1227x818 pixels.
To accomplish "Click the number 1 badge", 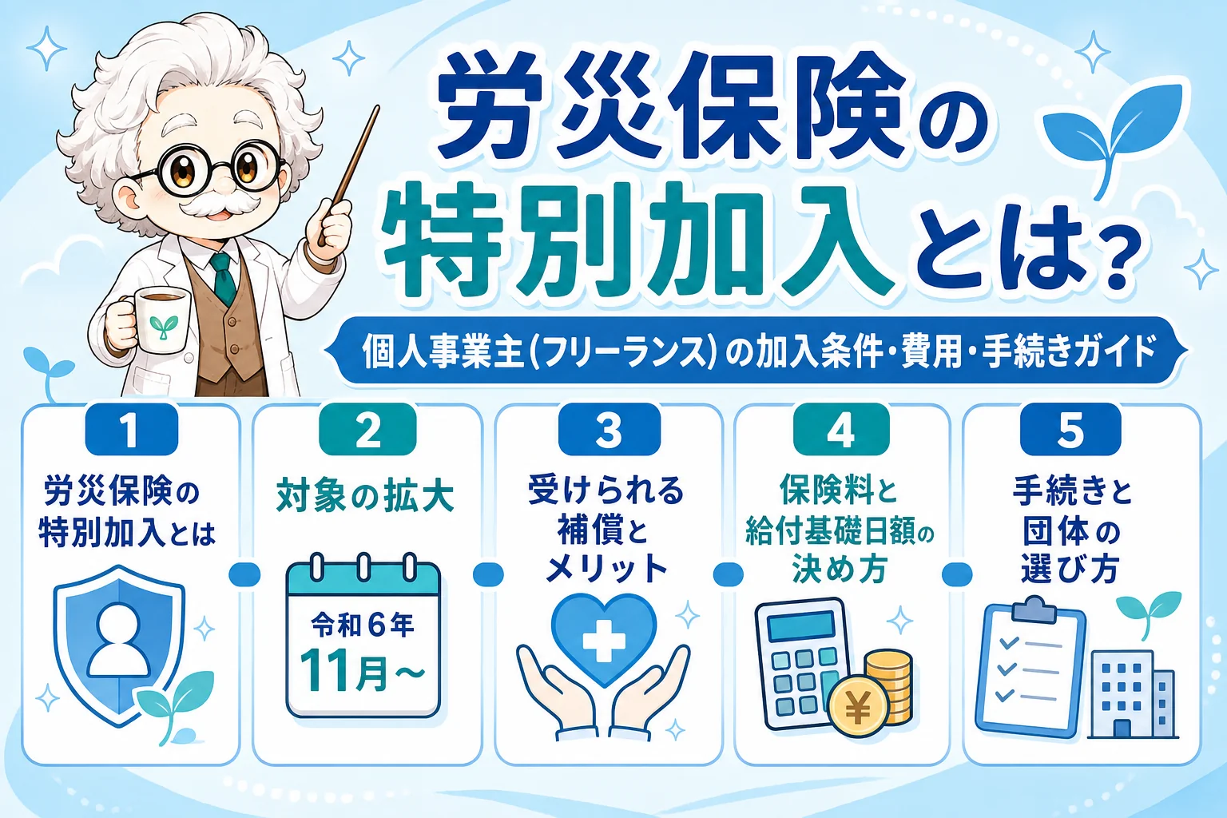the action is tap(132, 430).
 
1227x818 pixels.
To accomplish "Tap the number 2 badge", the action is tap(367, 430).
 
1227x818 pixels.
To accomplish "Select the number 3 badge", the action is tap(610, 430).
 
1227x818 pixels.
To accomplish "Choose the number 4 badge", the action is tap(841, 430).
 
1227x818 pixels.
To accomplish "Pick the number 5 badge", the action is tap(1070, 430).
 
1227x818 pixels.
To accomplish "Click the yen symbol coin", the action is tap(858, 709).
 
